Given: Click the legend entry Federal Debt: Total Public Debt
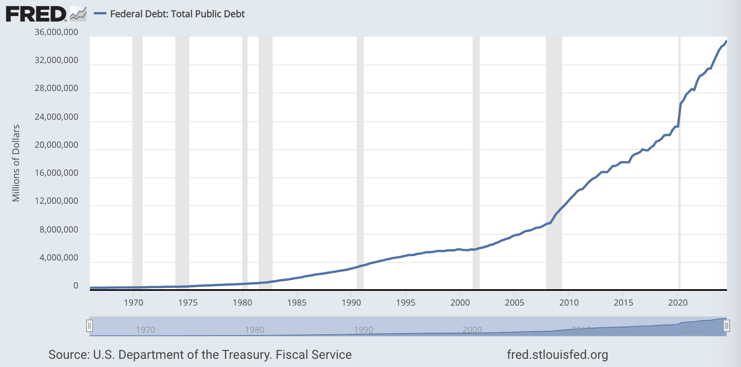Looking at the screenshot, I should [x=177, y=14].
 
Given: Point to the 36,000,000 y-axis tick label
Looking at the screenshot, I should [x=56, y=32].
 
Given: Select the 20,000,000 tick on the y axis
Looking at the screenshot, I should [x=56, y=145].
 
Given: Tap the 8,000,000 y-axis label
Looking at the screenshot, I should [x=59, y=229].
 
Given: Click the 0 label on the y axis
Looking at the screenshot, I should [x=76, y=286].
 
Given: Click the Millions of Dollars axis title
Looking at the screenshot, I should [x=16, y=163].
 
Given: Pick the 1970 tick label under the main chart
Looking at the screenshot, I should [x=134, y=302].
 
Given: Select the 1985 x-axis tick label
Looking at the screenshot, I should [x=297, y=302].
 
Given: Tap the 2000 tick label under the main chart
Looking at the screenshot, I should [x=460, y=302].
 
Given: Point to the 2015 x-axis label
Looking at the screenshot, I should [x=623, y=302].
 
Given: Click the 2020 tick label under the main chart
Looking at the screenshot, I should [x=678, y=302].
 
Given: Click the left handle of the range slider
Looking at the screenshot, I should [x=90, y=326].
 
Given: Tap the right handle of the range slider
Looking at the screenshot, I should [x=727, y=326].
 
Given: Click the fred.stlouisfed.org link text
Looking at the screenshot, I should [x=557, y=355].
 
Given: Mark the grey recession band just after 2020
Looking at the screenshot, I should [x=679, y=163].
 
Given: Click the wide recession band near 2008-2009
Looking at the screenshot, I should [x=554, y=163].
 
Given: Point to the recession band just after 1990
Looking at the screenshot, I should [x=360, y=163].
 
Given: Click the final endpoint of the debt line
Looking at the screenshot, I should [x=726, y=41].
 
